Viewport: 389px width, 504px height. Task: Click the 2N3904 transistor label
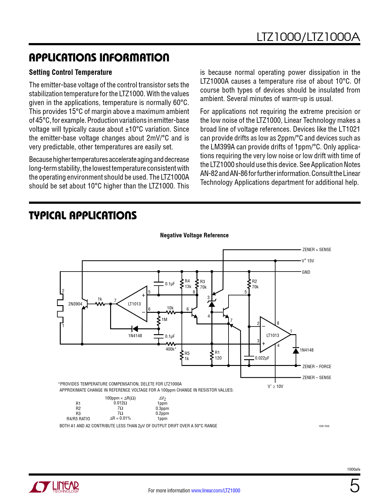75,304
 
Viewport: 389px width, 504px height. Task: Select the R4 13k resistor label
188,284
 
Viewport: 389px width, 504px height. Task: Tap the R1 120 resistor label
218,355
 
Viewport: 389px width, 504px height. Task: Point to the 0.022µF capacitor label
262,358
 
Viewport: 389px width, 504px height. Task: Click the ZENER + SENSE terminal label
316,250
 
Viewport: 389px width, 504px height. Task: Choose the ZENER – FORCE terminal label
316,367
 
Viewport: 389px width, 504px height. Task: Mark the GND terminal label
306,272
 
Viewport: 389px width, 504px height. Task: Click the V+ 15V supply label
308,261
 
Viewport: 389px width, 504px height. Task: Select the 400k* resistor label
171,349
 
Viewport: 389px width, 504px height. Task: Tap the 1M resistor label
164,320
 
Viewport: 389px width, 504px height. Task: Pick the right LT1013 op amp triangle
273,335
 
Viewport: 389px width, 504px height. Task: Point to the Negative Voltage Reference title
194,235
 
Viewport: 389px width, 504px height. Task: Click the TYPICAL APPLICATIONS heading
83,215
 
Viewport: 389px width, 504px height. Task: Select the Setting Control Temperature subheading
70,72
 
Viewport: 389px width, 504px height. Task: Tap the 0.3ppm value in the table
162,408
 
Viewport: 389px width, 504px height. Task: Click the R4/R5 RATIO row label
78,419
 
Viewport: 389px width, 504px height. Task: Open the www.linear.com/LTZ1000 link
215,491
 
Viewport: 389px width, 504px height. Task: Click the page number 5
355,486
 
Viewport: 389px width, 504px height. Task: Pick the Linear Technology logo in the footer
54,487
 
